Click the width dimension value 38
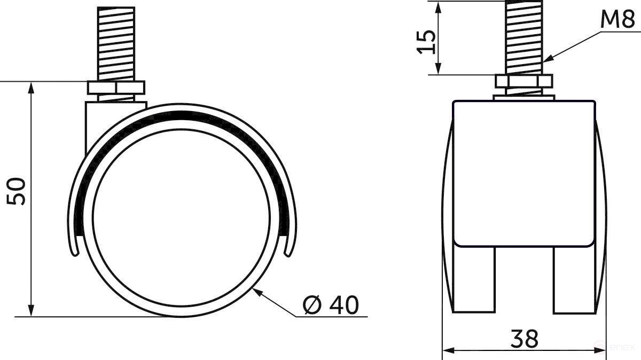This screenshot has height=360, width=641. pos(524,338)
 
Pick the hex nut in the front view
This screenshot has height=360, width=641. pos(523,82)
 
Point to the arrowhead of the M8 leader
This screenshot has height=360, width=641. pos(545,60)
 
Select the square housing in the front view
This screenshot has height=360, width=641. pos(524,174)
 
